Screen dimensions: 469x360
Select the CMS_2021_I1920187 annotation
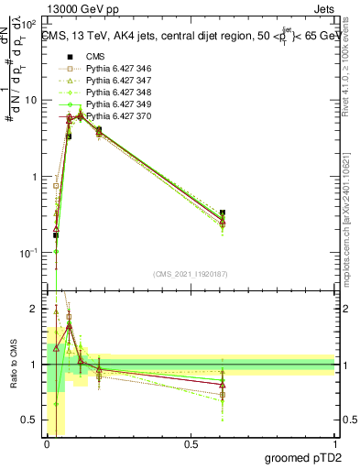click(x=191, y=273)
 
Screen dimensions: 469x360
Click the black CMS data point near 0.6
click(x=223, y=213)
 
